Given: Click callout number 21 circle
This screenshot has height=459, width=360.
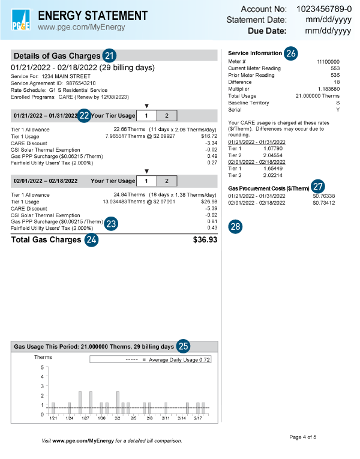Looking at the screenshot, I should (x=109, y=55).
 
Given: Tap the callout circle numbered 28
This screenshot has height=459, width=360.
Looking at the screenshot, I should (x=236, y=226).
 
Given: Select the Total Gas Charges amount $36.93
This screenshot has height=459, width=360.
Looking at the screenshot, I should (x=205, y=240).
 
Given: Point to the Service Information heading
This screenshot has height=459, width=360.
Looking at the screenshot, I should (x=255, y=53).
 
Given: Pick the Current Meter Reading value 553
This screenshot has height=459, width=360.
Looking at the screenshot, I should (x=335, y=68).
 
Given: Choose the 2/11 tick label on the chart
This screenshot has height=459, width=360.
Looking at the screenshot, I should (x=166, y=418).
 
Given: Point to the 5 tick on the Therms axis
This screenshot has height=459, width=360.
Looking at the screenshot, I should (x=42, y=367).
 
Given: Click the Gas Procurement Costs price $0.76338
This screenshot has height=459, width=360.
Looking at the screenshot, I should (x=323, y=196).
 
